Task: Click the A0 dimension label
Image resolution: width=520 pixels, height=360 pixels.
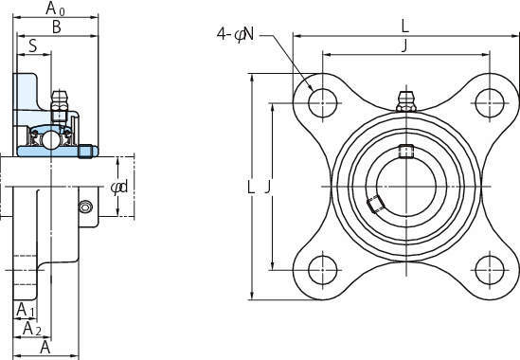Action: (55, 9)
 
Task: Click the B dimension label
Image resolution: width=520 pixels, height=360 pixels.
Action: (57, 27)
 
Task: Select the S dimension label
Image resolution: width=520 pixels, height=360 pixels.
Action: (33, 45)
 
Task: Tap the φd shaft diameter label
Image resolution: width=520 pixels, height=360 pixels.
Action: (119, 188)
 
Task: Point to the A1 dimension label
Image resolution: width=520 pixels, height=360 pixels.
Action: (26, 310)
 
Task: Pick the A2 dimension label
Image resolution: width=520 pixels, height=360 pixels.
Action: (32, 329)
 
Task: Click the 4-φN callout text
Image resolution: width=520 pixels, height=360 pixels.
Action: (236, 33)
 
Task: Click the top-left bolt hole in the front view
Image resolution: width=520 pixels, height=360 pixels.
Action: (322, 103)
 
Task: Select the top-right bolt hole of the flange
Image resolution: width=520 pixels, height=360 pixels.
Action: (490, 103)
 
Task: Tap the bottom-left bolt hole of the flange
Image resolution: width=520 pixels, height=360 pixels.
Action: (322, 270)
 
